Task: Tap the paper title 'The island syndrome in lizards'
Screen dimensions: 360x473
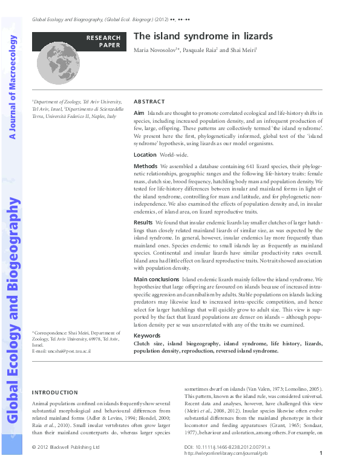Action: pyautogui.click(x=203, y=36)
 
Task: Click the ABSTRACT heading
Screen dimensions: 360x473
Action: pyautogui.click(x=148, y=102)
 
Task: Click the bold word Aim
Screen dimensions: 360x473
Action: pyautogui.click(x=139, y=113)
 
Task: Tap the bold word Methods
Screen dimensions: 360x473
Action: pyautogui.click(x=145, y=166)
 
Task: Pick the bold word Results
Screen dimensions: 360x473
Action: pyautogui.click(x=143, y=223)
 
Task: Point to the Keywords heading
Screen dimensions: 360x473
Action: pyautogui.click(x=146, y=335)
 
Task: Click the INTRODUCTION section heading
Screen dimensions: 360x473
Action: pyautogui.click(x=54, y=393)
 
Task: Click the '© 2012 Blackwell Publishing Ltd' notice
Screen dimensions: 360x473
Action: pyautogui.click(x=65, y=447)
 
